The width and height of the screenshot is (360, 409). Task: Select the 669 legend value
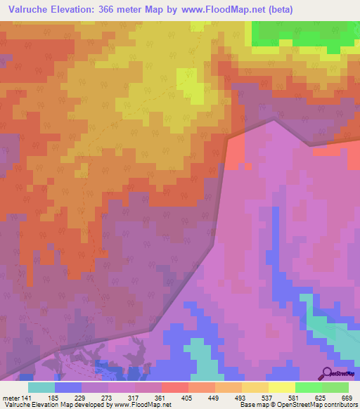pyautogui.click(x=347, y=398)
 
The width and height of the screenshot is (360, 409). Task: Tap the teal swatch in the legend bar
pyautogui.click(x=41, y=387)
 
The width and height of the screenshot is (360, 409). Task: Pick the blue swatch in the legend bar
pyautogui.click(x=68, y=387)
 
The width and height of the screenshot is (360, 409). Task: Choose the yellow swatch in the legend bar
pyautogui.click(x=281, y=387)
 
